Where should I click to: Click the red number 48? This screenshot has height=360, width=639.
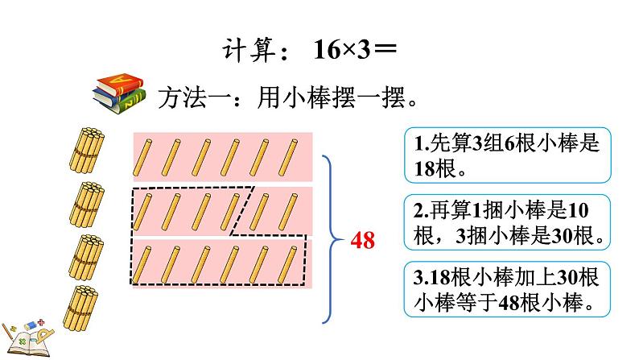click(x=361, y=241)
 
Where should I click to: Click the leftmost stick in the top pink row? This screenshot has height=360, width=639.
click(x=146, y=156)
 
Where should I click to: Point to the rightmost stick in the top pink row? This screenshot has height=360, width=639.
click(x=287, y=156)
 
